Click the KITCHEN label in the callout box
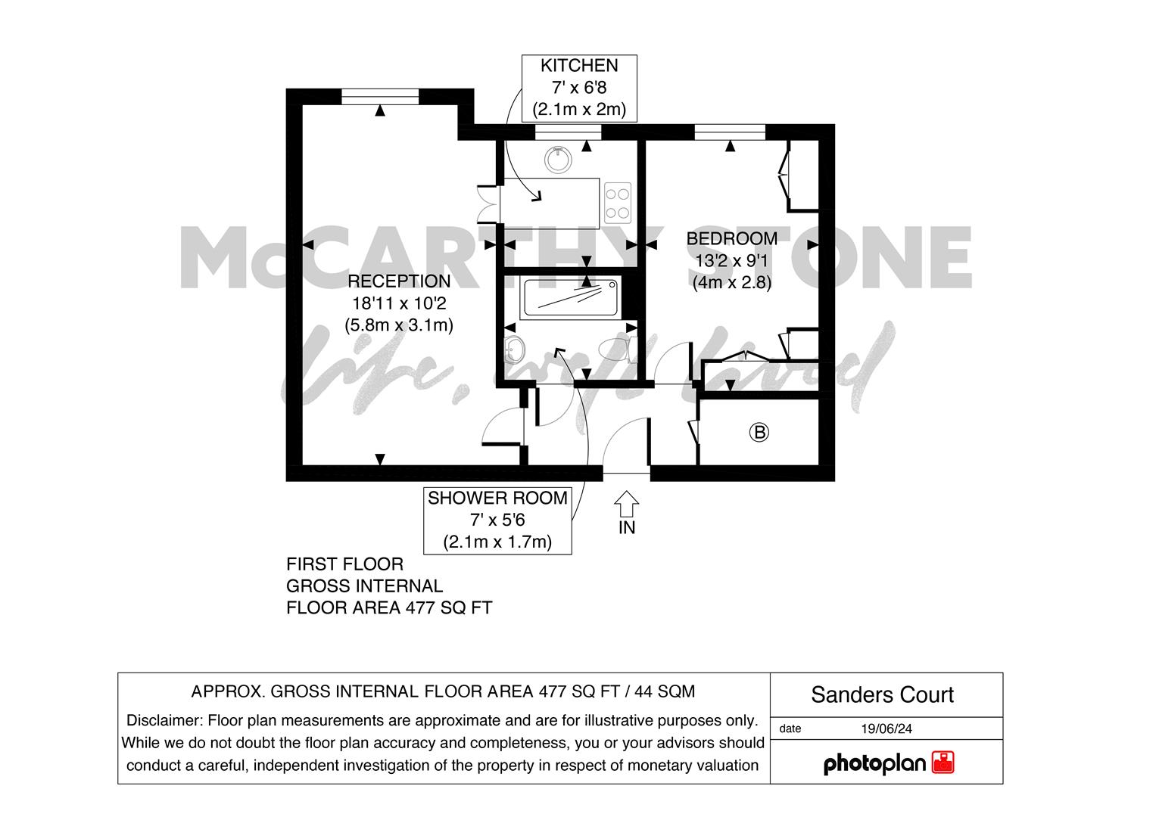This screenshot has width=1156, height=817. click(x=579, y=66)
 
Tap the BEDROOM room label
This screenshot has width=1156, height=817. click(x=732, y=238)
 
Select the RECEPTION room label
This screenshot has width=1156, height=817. click(x=399, y=281)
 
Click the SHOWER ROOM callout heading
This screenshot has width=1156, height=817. click(x=497, y=498)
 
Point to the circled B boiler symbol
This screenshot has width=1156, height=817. click(x=759, y=432)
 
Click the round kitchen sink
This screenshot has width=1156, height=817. click(x=559, y=159)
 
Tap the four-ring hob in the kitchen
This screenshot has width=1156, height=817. click(x=618, y=203)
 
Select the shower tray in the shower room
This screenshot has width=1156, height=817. click(x=571, y=297)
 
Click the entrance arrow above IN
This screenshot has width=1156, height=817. click(x=627, y=503)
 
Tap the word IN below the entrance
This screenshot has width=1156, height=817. click(x=627, y=528)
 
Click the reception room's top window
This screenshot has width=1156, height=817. click(x=379, y=97)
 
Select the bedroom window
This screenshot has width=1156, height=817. click(x=730, y=132)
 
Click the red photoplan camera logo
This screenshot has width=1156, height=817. click(x=943, y=763)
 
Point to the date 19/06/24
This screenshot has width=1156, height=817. click(x=886, y=728)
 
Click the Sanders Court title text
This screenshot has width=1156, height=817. click(x=883, y=694)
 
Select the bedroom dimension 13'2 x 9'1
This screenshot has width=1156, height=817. click(x=732, y=261)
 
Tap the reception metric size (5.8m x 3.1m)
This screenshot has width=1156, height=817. click(x=399, y=325)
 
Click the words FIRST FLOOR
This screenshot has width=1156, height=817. click(x=344, y=564)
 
